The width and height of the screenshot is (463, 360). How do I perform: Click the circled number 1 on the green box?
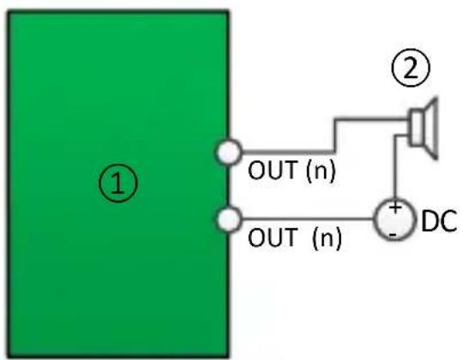coord(118,183)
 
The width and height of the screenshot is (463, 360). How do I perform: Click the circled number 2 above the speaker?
coord(411,69)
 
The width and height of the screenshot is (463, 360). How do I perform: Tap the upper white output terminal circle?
coord(229,152)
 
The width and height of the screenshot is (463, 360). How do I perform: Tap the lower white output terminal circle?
coord(229,219)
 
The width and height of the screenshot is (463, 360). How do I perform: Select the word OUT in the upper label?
coord(272,170)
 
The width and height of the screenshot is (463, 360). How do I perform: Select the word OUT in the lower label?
coord(272,237)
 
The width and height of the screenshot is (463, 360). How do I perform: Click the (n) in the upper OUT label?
coord(321,171)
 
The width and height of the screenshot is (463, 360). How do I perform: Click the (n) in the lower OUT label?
coord(327,237)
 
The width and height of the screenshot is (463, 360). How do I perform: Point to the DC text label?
coord(439,221)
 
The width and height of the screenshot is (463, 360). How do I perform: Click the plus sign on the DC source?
coord(395,207)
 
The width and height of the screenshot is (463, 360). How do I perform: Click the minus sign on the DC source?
coord(393,235)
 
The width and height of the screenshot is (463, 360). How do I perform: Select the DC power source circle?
coord(394,219)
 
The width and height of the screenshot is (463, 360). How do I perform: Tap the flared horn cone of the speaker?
coord(430,128)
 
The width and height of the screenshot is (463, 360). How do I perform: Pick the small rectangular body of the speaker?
coord(416,128)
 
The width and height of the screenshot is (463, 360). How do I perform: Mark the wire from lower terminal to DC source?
coord(308,219)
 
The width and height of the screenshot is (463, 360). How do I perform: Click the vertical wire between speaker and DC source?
coord(394,167)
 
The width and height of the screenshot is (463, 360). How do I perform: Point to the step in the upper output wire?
coord(335,135)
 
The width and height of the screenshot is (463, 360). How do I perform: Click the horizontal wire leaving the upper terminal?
coord(288,152)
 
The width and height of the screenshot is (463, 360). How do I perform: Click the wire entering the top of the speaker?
coord(372,119)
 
